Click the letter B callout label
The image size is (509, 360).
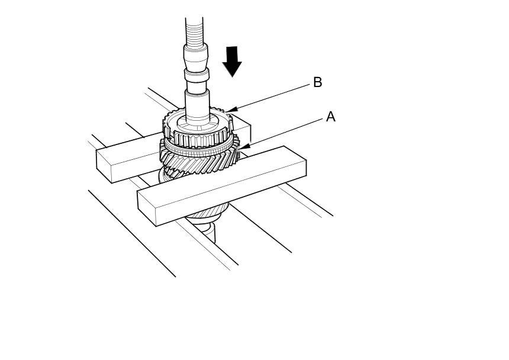click(317, 82)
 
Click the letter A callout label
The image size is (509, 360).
click(330, 117)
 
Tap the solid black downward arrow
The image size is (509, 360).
click(232, 61)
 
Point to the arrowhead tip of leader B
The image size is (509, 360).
click(226, 111)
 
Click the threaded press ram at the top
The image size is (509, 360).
click(194, 30)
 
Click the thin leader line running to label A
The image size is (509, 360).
click(284, 131)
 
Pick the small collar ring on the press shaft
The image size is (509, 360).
click(197, 75)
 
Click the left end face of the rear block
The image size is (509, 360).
click(104, 166)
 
